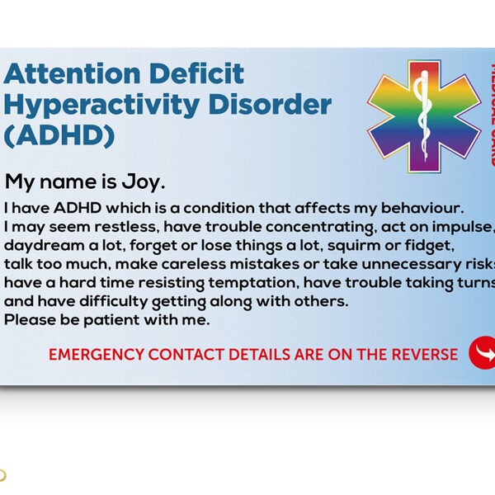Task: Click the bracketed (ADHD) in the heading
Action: point(59,134)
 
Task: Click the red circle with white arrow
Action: point(481,352)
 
